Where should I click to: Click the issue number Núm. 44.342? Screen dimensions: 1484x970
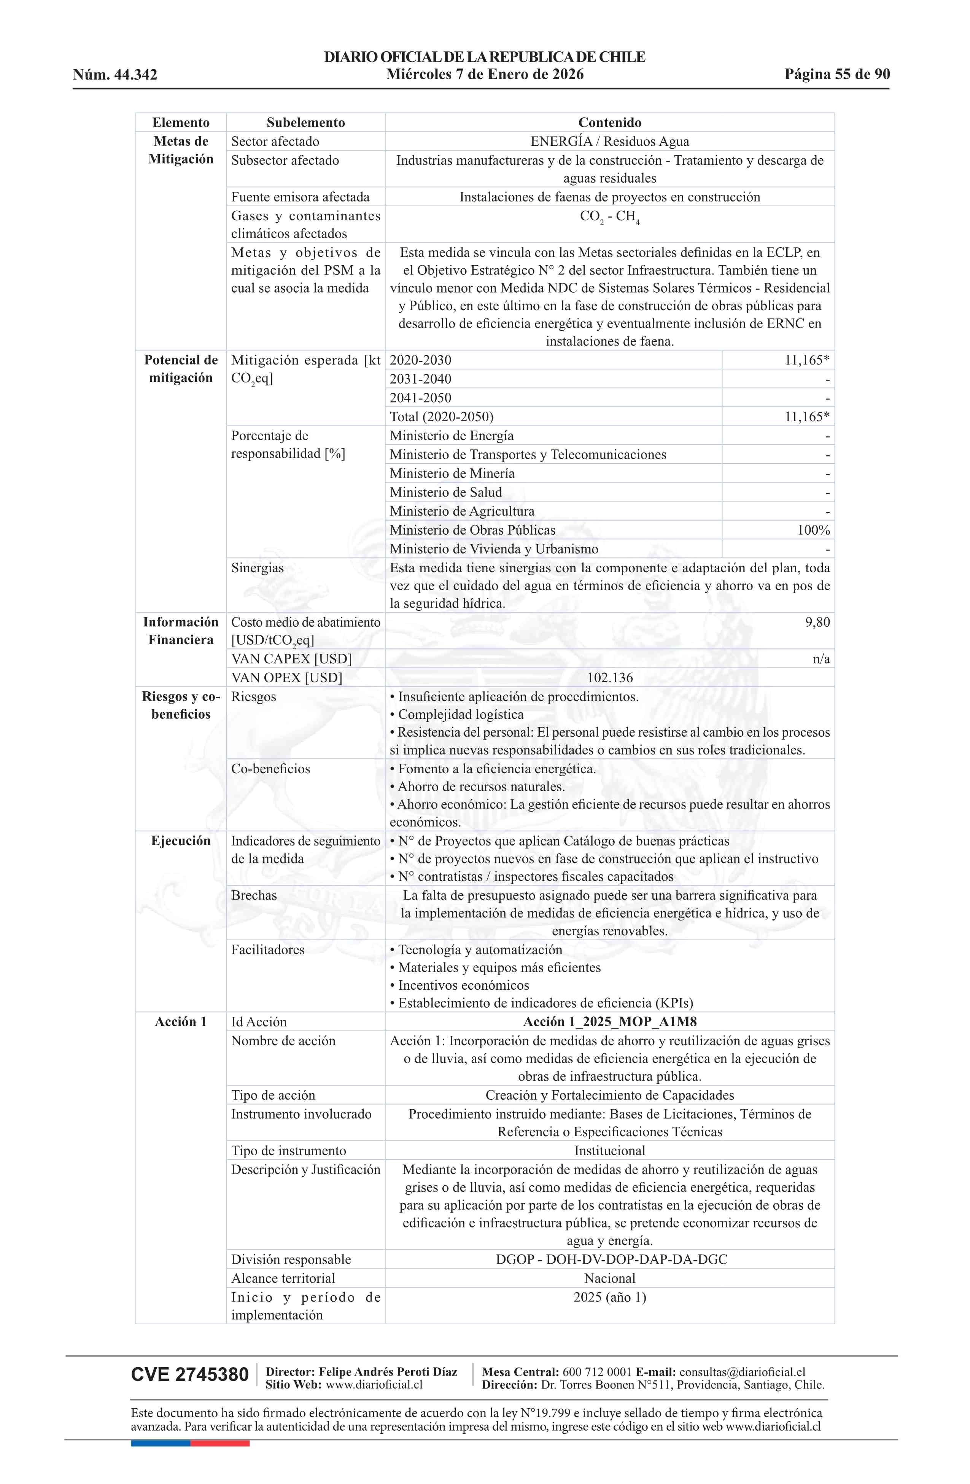(115, 75)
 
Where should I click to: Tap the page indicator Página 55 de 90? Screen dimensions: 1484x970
(836, 74)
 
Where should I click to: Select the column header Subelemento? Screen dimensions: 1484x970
(305, 122)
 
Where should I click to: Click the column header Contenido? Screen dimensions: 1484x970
(609, 122)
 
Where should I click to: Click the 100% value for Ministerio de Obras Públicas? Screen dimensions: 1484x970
(814, 530)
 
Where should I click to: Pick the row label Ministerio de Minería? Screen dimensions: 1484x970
(452, 473)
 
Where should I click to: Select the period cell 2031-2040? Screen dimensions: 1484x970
(420, 379)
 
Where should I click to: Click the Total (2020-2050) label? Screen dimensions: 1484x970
(441, 417)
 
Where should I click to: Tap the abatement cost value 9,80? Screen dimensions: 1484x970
(817, 622)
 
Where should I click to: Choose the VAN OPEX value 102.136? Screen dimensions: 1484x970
(609, 678)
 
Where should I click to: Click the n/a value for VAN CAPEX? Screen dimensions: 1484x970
(821, 659)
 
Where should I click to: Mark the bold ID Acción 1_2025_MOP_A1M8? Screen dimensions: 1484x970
(609, 1021)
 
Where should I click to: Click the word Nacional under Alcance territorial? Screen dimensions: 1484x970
(609, 1278)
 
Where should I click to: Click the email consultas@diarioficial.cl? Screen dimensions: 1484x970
(742, 1372)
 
